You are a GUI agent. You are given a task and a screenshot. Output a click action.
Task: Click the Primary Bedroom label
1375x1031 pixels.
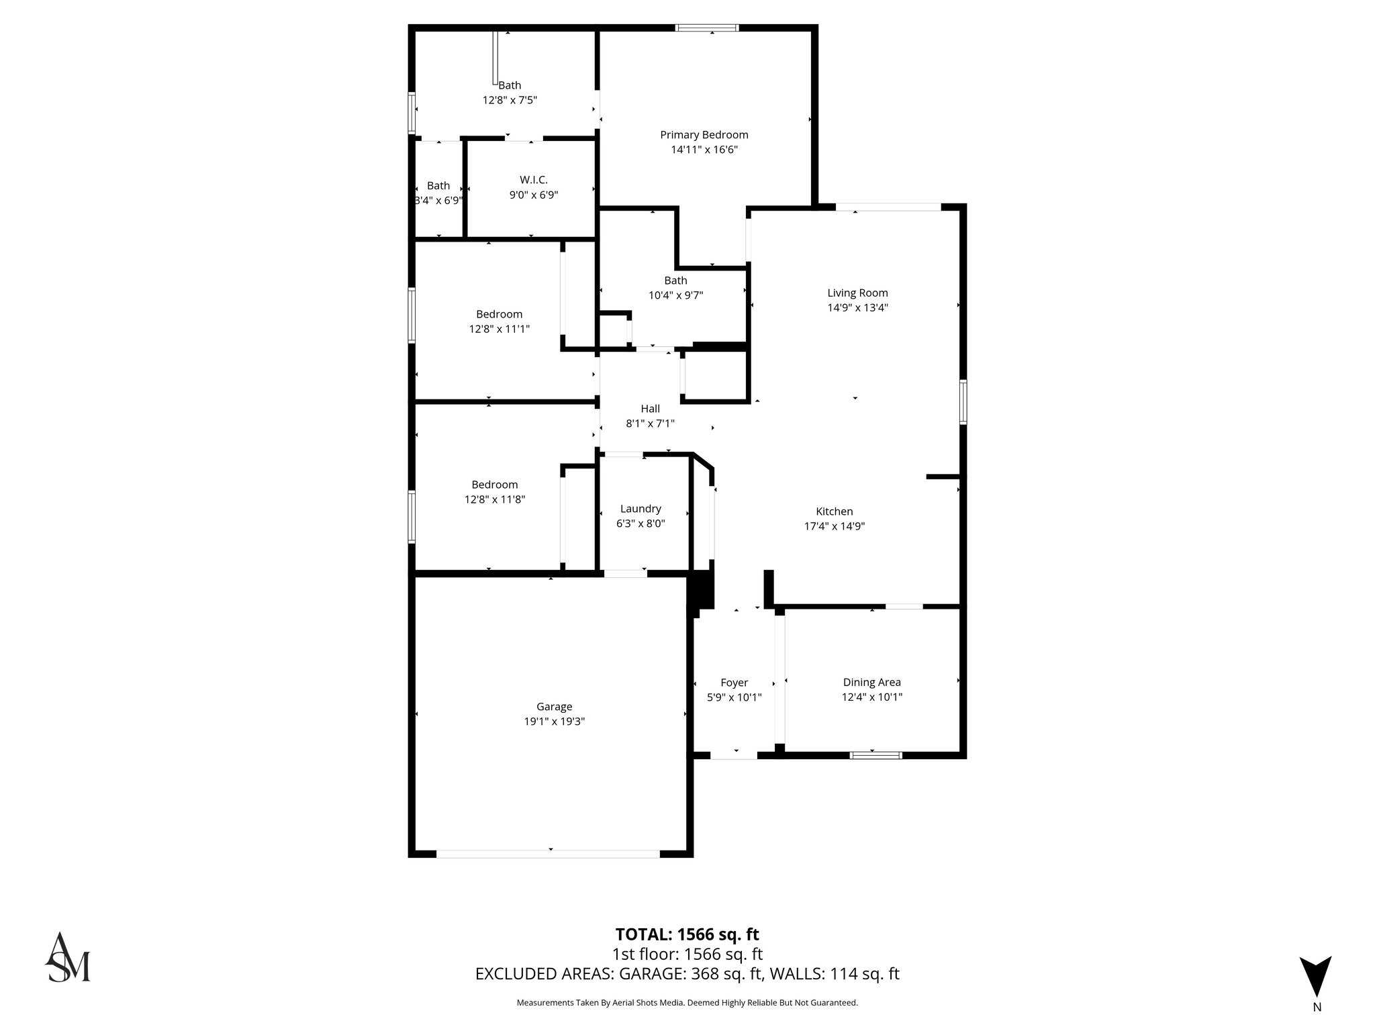tap(704, 135)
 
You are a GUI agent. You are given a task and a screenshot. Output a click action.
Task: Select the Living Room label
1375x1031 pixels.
tap(857, 293)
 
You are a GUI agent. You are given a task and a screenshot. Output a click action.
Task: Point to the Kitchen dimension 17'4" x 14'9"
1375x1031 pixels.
tap(834, 526)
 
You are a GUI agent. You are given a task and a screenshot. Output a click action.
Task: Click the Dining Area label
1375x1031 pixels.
tap(871, 683)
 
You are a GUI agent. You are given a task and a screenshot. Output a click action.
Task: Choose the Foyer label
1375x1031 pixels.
tap(734, 683)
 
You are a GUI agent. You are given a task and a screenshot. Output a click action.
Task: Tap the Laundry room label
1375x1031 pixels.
tap(641, 509)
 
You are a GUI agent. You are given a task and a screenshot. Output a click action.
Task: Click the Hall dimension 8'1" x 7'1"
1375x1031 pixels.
tap(650, 424)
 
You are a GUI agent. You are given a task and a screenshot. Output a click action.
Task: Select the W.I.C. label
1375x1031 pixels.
tap(534, 180)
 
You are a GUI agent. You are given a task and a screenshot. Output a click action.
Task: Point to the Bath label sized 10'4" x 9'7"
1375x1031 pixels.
tap(675, 281)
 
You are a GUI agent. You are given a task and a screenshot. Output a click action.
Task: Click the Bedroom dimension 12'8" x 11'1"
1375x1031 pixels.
tap(499, 329)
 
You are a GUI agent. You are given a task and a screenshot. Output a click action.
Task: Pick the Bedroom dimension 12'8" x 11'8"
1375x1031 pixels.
tap(495, 499)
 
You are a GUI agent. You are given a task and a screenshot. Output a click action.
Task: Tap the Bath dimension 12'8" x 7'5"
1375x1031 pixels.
tap(510, 100)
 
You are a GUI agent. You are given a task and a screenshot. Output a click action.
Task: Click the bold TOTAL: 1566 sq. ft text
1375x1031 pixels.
tap(687, 934)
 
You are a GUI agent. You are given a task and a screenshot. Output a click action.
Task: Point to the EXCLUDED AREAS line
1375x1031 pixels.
tap(687, 974)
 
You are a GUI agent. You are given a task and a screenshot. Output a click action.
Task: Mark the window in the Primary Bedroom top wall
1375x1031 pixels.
tap(706, 28)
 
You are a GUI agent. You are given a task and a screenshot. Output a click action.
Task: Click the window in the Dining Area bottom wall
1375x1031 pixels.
tap(875, 755)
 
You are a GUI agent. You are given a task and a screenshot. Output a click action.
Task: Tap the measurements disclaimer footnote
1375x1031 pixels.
tap(687, 1003)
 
